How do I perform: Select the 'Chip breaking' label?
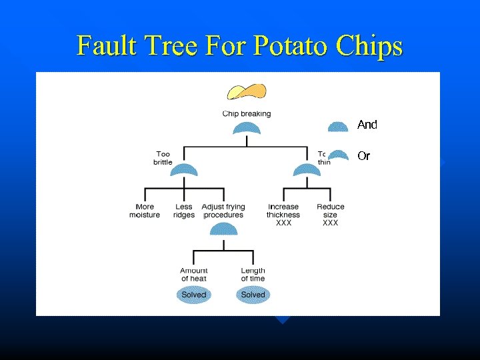(247, 114)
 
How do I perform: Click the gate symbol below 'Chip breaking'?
(247, 129)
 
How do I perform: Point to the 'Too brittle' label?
(163, 158)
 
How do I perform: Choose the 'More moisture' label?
(145, 211)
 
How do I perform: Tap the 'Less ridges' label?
(184, 211)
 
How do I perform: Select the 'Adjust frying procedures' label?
(223, 211)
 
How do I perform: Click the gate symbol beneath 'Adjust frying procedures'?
(223, 229)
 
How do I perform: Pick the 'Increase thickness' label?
(283, 211)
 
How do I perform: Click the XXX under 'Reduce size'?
(330, 223)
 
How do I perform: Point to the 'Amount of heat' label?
(193, 274)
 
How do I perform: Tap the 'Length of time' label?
(253, 274)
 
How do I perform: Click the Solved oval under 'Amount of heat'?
(194, 295)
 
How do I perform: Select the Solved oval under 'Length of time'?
(253, 295)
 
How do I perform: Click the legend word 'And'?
(367, 125)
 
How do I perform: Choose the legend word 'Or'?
(363, 157)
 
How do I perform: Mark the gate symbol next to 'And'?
(338, 127)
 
